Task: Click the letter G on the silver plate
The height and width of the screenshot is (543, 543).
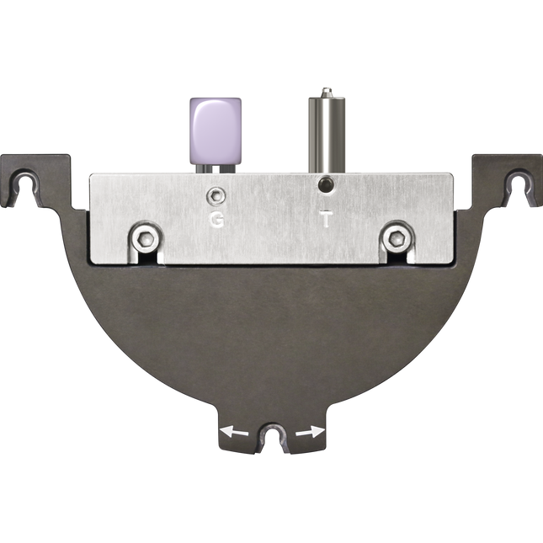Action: pos(217,221)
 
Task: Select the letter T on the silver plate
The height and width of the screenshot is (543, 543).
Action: pos(326,221)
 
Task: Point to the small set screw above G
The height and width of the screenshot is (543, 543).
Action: pos(218,196)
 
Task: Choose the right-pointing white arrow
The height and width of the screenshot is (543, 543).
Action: pos(309,433)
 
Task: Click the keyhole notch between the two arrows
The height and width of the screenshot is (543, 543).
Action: pos(272,437)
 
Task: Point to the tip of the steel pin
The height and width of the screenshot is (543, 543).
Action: pos(325,89)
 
